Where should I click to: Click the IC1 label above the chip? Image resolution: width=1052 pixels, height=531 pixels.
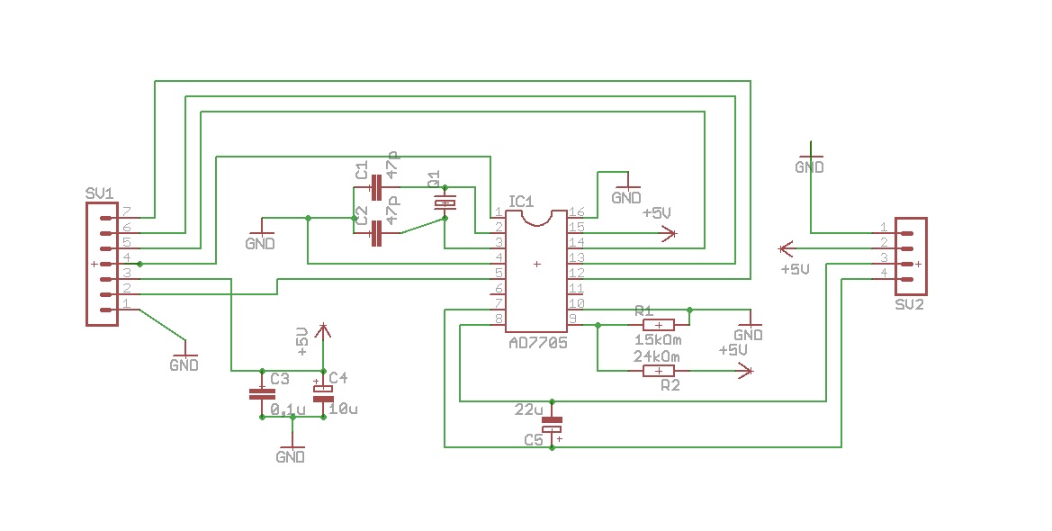pyautogui.click(x=521, y=201)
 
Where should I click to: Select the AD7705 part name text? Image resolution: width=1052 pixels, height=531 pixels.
pyautogui.click(x=537, y=342)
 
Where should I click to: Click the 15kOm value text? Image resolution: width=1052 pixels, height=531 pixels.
pyautogui.click(x=658, y=340)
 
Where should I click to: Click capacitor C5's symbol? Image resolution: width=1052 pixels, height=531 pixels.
pyautogui.click(x=552, y=425)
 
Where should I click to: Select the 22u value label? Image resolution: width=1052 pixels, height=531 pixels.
pyautogui.click(x=528, y=410)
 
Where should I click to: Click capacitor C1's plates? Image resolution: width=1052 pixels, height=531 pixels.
pyautogui.click(x=376, y=187)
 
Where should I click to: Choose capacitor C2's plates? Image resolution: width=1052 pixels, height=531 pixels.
pyautogui.click(x=376, y=235)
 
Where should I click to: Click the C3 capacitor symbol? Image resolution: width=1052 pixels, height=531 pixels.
pyautogui.click(x=261, y=394)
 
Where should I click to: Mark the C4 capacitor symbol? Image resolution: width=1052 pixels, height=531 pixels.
pyautogui.click(x=322, y=393)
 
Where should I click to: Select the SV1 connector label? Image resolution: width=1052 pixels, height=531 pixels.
pyautogui.click(x=99, y=193)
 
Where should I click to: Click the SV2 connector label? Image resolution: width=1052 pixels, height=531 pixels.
pyautogui.click(x=910, y=304)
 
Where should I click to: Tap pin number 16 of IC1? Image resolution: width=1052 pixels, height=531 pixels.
pyautogui.click(x=576, y=211)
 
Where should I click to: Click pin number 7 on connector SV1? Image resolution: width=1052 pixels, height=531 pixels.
pyautogui.click(x=127, y=211)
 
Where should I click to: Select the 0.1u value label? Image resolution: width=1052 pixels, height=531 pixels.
pyautogui.click(x=288, y=409)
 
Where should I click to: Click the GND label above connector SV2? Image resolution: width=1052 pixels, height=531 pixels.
pyautogui.click(x=809, y=167)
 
